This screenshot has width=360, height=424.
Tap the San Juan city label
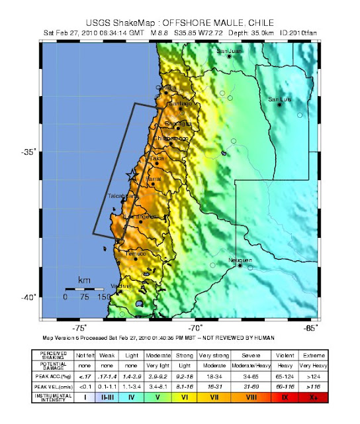pos(230,51)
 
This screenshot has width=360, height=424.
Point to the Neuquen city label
pos(240,260)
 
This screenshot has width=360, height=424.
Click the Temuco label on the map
pos(136,253)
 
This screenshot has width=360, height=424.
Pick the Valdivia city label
pos(120,286)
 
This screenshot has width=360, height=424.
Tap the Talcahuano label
pos(123,196)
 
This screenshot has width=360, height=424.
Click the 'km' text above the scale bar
pos(84,281)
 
